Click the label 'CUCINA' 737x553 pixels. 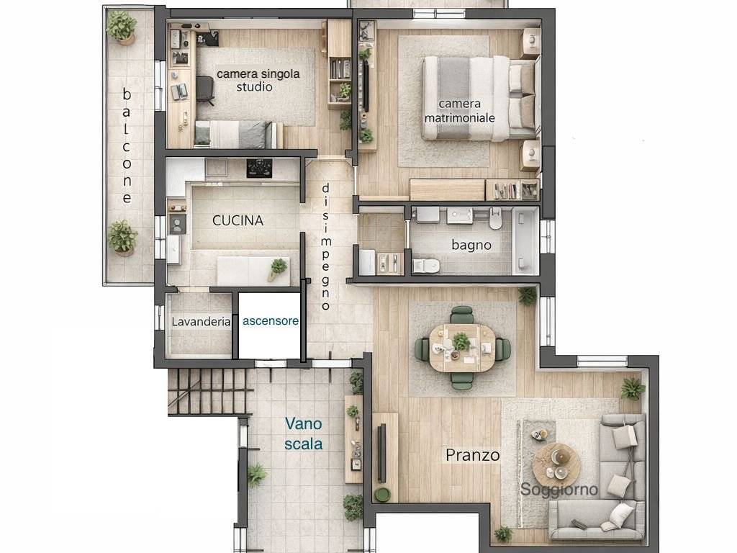coord(238,221)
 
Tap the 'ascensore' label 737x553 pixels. coord(270,321)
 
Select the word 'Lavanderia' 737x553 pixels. coord(201,322)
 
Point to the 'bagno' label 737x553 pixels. coord(471,245)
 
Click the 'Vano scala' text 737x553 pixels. coord(303,433)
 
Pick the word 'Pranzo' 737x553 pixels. coord(472,455)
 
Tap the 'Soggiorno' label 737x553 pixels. coord(559,490)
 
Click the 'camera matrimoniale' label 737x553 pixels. coord(459,110)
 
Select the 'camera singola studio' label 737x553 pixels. coord(258,80)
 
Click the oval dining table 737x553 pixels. coord(461,347)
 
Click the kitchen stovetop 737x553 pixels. coord(259,168)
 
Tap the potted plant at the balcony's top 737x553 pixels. coord(122,27)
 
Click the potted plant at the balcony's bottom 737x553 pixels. coord(123,238)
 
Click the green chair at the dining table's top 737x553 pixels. coord(462,315)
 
